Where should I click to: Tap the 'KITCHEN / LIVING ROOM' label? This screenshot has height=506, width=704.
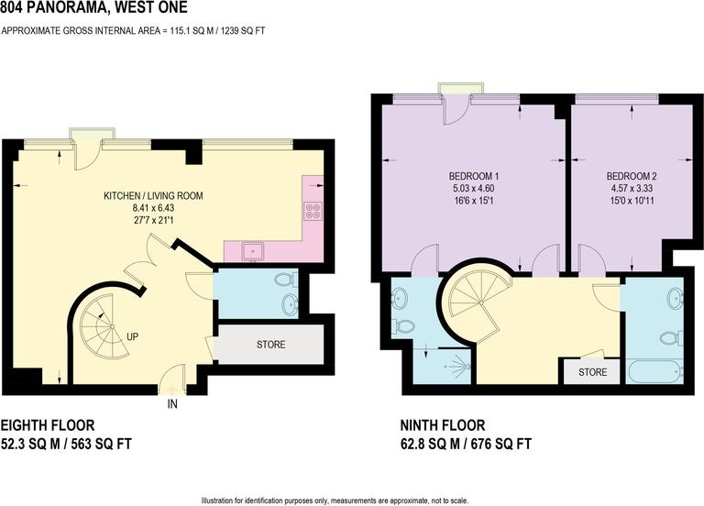(x=153, y=195)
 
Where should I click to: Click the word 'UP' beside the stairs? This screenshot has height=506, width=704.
(x=133, y=337)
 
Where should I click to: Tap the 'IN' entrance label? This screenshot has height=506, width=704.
(x=171, y=402)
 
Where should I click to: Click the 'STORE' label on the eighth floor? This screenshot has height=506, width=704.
(x=270, y=345)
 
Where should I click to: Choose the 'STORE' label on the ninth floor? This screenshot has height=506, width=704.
(x=592, y=372)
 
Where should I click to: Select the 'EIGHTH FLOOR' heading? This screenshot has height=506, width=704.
(x=47, y=425)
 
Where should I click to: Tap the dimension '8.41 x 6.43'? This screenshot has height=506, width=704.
(x=153, y=209)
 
